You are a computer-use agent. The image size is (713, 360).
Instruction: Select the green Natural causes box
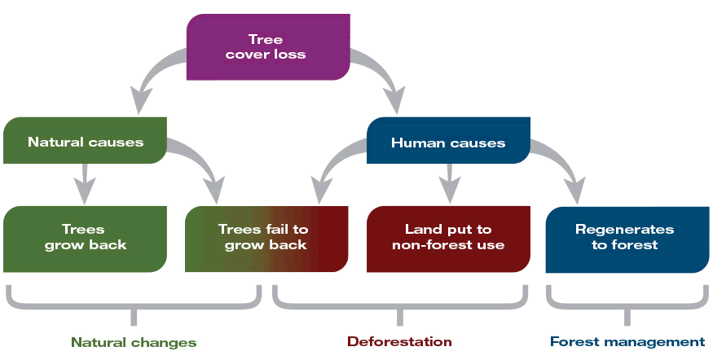coord(86,141)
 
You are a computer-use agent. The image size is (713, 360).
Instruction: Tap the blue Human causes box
coord(448,142)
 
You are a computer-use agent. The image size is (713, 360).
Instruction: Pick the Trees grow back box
coord(86,237)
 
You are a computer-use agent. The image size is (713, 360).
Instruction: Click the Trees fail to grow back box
coord(262,237)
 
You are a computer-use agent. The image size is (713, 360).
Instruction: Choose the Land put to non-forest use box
coord(447,237)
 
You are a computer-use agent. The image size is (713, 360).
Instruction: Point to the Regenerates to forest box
coord(624,237)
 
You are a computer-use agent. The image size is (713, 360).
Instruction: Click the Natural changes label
coord(134,341)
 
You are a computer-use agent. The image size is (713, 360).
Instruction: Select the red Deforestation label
coord(399,341)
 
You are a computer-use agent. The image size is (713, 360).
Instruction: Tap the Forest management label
coord(627,341)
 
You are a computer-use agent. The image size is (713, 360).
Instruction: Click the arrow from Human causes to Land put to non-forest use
coord(448,183)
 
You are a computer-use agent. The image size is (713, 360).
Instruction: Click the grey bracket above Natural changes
coord(134,306)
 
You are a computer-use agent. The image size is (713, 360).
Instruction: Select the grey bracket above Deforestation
coord(399,306)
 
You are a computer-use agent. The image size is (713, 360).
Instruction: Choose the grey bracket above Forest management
coord(626,306)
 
